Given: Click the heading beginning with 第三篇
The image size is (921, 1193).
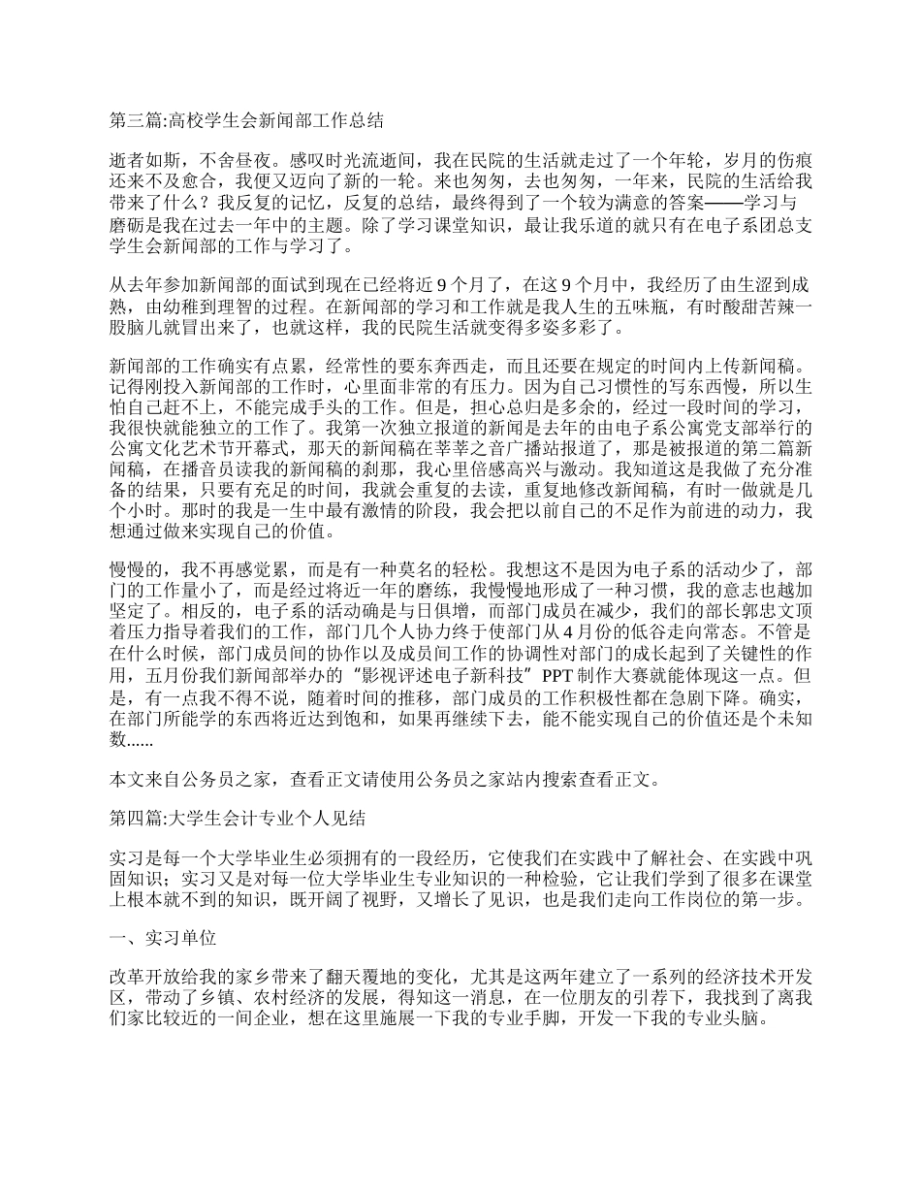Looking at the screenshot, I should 246,121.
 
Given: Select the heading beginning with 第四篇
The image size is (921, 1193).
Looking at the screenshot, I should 238,818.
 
